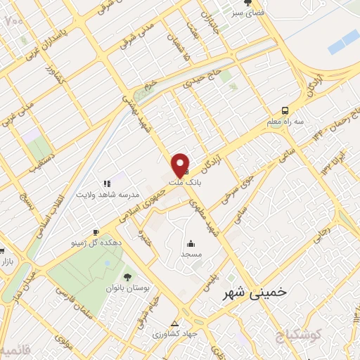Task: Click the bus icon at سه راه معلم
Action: pyautogui.click(x=285, y=110)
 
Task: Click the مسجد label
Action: pyautogui.click(x=190, y=252)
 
